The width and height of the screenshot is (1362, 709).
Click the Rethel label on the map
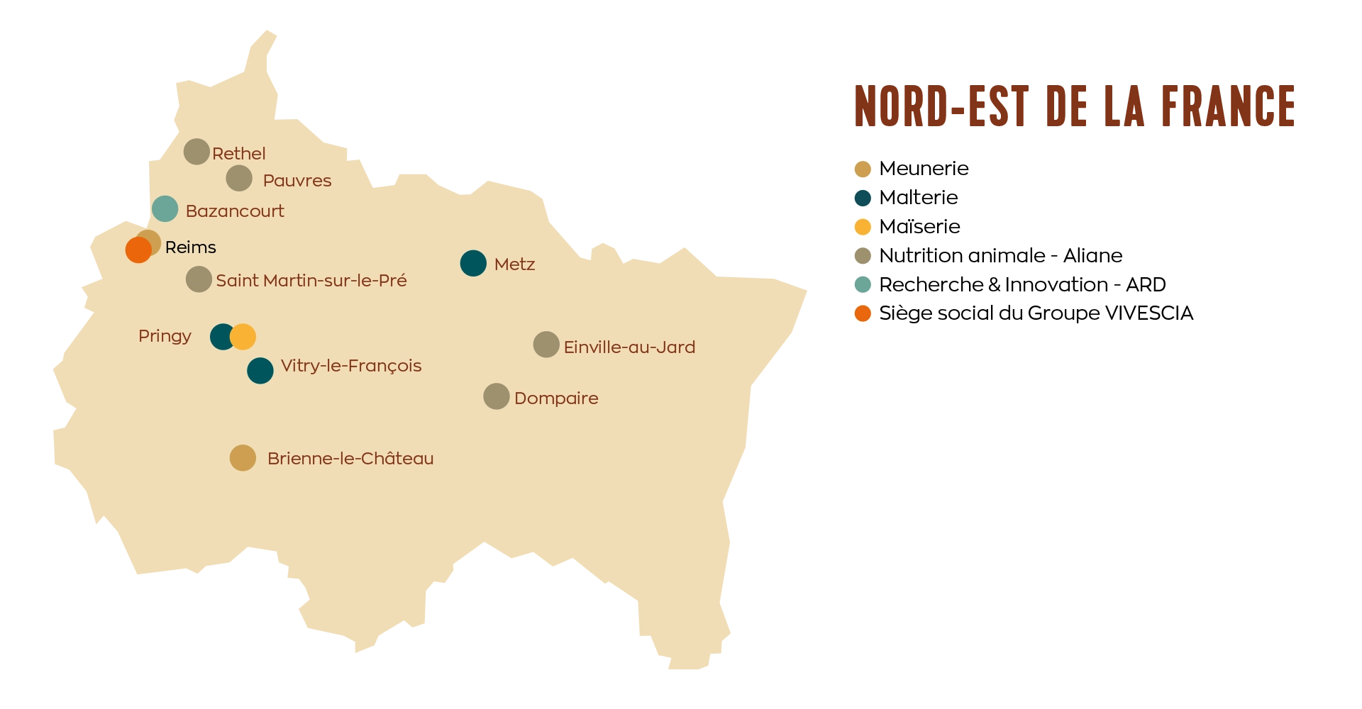[x=238, y=154]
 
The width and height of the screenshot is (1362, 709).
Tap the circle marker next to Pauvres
[x=239, y=179]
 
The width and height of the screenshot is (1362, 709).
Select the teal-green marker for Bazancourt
[x=165, y=209]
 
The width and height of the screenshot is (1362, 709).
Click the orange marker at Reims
[x=138, y=250]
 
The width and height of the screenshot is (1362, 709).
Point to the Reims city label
[x=190, y=247]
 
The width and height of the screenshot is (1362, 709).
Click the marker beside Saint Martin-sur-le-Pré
[x=199, y=279]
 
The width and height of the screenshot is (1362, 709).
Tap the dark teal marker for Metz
[x=473, y=264]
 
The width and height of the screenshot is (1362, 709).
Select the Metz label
[x=514, y=264]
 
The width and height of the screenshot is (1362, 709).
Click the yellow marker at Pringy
[x=243, y=337]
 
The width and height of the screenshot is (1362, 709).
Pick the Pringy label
[x=165, y=336]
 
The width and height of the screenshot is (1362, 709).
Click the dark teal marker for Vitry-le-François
[x=260, y=370]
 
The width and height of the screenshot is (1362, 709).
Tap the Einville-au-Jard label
[x=629, y=347]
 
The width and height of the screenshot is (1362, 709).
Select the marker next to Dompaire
[x=497, y=396]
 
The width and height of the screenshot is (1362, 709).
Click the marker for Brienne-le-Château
[x=243, y=458]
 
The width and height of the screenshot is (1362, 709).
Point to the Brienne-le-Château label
[x=350, y=459]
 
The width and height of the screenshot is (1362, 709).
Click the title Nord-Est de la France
[x=1073, y=108]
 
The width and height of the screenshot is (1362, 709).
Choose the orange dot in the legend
[x=863, y=313]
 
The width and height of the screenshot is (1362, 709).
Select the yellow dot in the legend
[x=863, y=227]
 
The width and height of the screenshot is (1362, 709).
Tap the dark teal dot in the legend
[x=863, y=198]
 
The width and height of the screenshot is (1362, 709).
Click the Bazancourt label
[x=234, y=211]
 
